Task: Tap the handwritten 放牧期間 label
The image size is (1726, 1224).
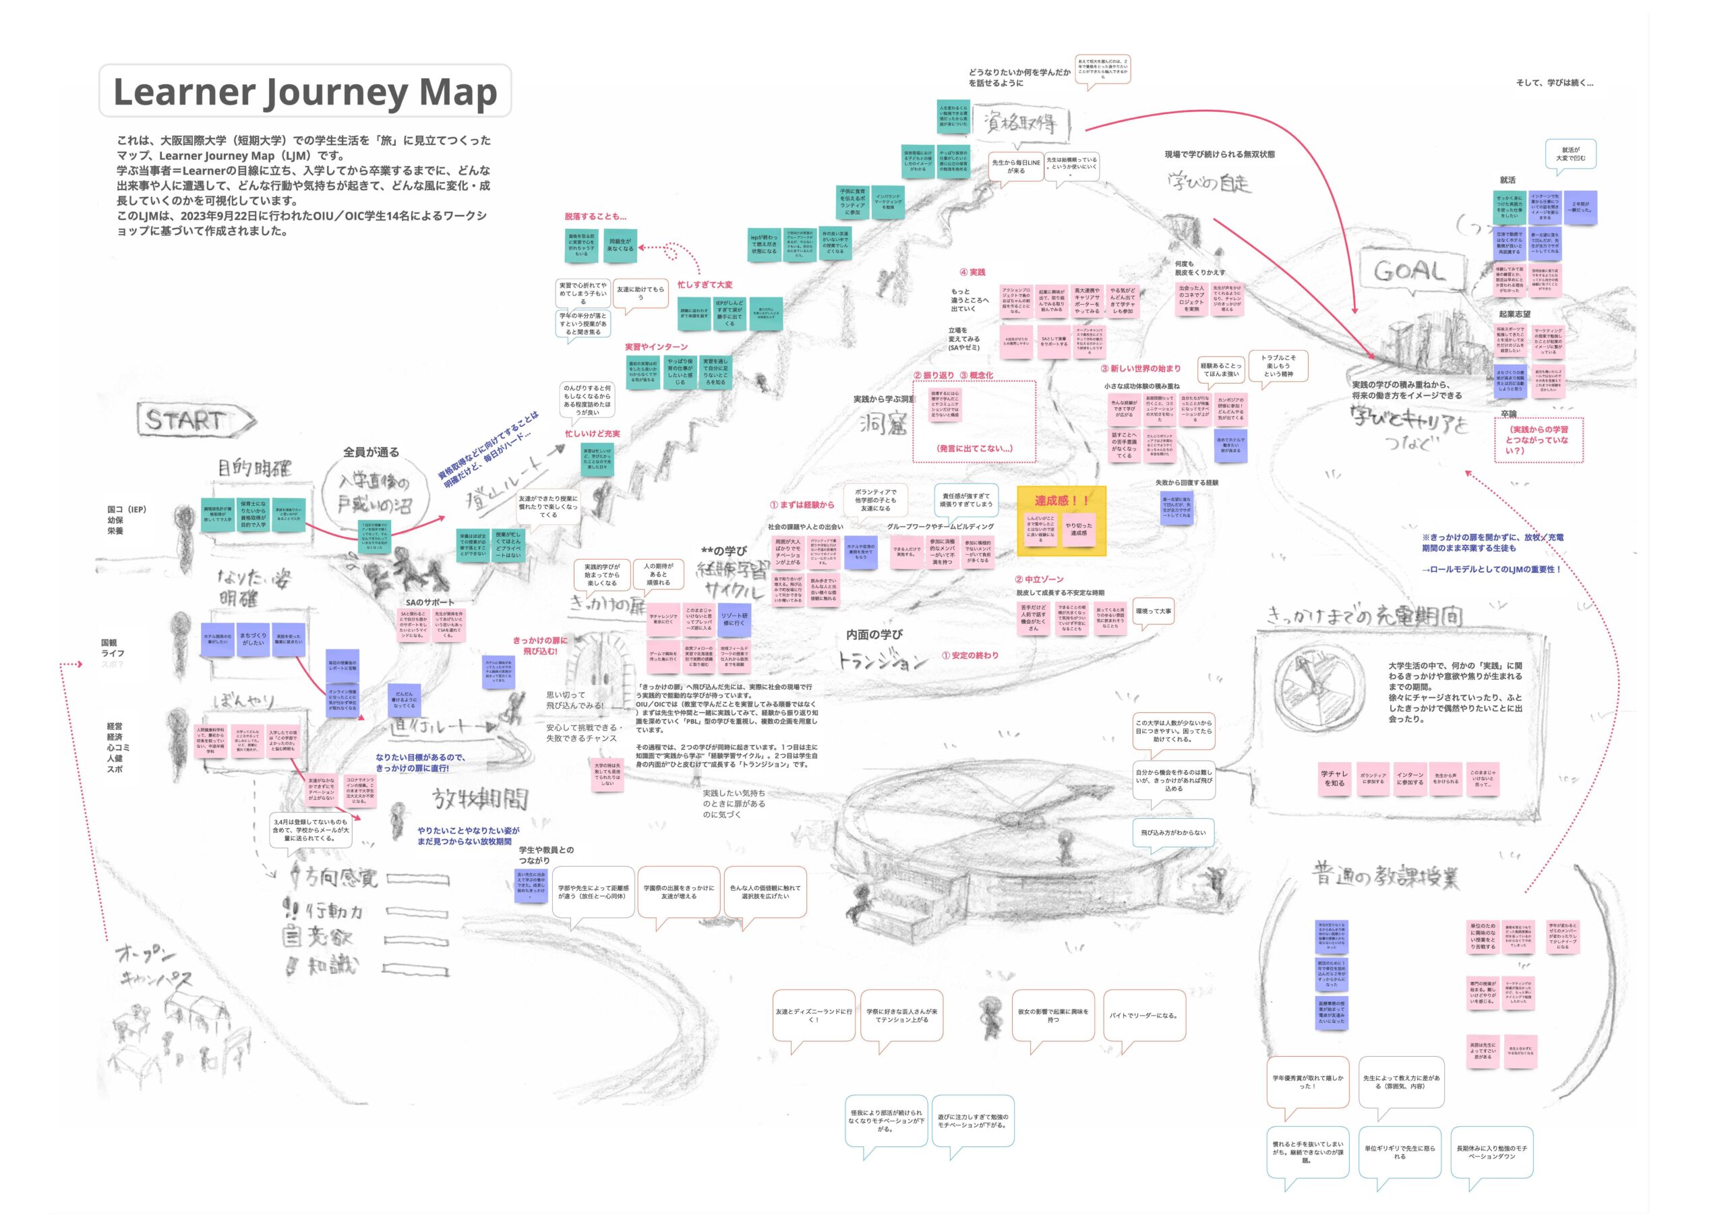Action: pyautogui.click(x=480, y=799)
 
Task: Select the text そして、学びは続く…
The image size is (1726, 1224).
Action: pyautogui.click(x=1553, y=83)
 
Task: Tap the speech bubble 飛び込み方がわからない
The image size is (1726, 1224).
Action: pyautogui.click(x=1172, y=833)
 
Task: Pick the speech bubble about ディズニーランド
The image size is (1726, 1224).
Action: pyautogui.click(x=814, y=1015)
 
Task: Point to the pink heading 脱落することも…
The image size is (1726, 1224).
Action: pyautogui.click(x=595, y=216)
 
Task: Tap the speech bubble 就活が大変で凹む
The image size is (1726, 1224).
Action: pyautogui.click(x=1570, y=154)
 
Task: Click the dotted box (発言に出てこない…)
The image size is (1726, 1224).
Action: pyautogui.click(x=974, y=421)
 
